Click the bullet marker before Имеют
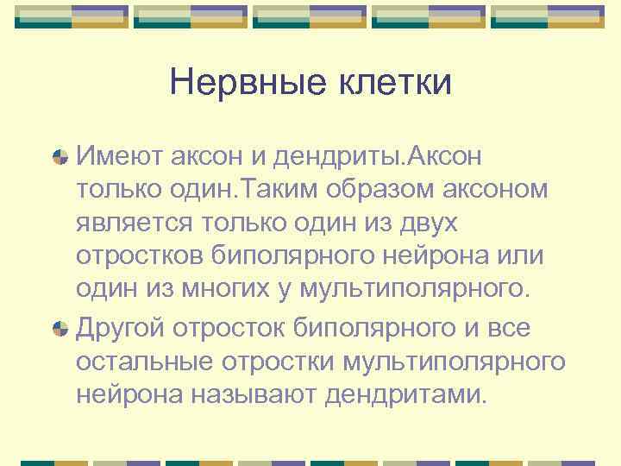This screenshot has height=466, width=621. [x=60, y=156]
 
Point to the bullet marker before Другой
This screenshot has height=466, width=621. [x=60, y=328]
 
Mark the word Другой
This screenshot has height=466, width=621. [x=121, y=327]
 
